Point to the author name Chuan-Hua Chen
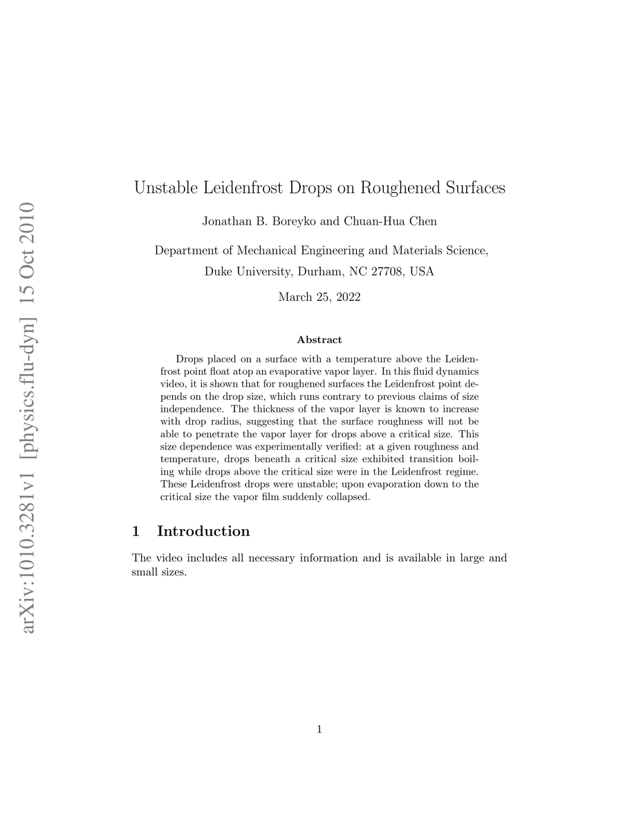click(x=391, y=221)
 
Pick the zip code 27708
click(x=387, y=271)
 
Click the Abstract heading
click(x=319, y=340)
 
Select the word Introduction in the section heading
click(x=203, y=531)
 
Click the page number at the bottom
click(x=319, y=728)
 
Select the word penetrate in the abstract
click(x=210, y=434)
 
